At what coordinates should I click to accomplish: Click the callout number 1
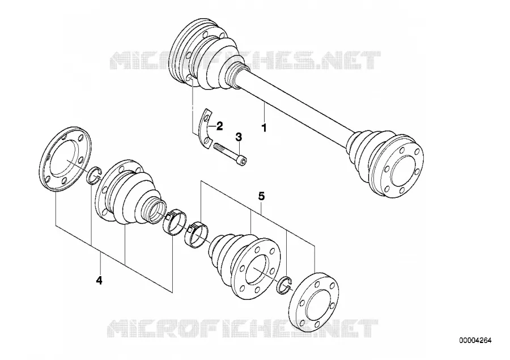[x=264, y=127]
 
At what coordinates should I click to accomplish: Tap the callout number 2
[x=219, y=126]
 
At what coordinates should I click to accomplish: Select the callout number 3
[x=239, y=137]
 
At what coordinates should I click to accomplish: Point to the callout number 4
[x=99, y=280]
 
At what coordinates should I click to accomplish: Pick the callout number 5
[x=261, y=196]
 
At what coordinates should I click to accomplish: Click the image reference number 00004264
[x=475, y=341]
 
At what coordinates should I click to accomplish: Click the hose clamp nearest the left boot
[x=175, y=222]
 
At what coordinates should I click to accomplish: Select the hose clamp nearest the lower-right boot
[x=197, y=234]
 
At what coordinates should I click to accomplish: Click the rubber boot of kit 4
[x=130, y=194]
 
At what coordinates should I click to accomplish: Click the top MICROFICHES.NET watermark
[x=245, y=61]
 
